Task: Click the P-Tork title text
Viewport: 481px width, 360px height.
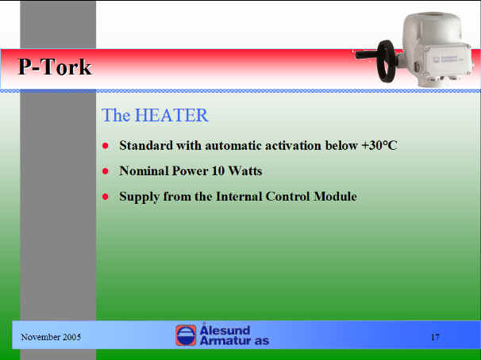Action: [x=56, y=67]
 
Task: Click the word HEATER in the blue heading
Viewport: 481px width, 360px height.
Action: [x=171, y=115]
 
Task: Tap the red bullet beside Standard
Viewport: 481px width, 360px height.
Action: [x=106, y=146]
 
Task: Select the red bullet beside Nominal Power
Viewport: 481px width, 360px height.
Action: [x=106, y=171]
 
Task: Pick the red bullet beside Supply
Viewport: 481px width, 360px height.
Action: [x=106, y=197]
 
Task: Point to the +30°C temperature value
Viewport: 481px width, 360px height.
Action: [x=379, y=145]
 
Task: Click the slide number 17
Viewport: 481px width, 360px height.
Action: [x=435, y=337]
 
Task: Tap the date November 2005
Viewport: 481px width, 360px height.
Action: [x=51, y=337]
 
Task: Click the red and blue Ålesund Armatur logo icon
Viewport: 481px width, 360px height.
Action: [x=186, y=335]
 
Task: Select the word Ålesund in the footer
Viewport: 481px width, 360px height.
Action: [x=225, y=329]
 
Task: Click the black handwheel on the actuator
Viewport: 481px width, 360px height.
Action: [x=386, y=61]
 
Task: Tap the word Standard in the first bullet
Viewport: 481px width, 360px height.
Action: [x=146, y=145]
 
